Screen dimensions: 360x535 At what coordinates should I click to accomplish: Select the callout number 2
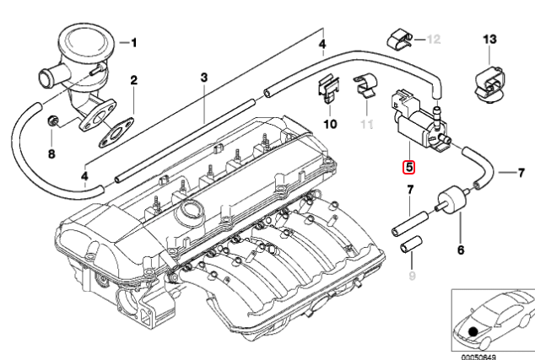tap(132, 81)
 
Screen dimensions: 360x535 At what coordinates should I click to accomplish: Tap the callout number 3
tap(203, 78)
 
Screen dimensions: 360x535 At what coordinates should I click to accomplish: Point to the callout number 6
tap(461, 250)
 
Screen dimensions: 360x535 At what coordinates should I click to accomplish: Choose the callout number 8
tap(51, 154)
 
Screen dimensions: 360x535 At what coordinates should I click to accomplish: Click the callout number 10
tap(329, 124)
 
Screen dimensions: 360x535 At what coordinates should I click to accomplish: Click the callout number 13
tap(491, 39)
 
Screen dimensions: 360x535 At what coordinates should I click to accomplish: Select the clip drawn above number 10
tap(329, 93)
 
